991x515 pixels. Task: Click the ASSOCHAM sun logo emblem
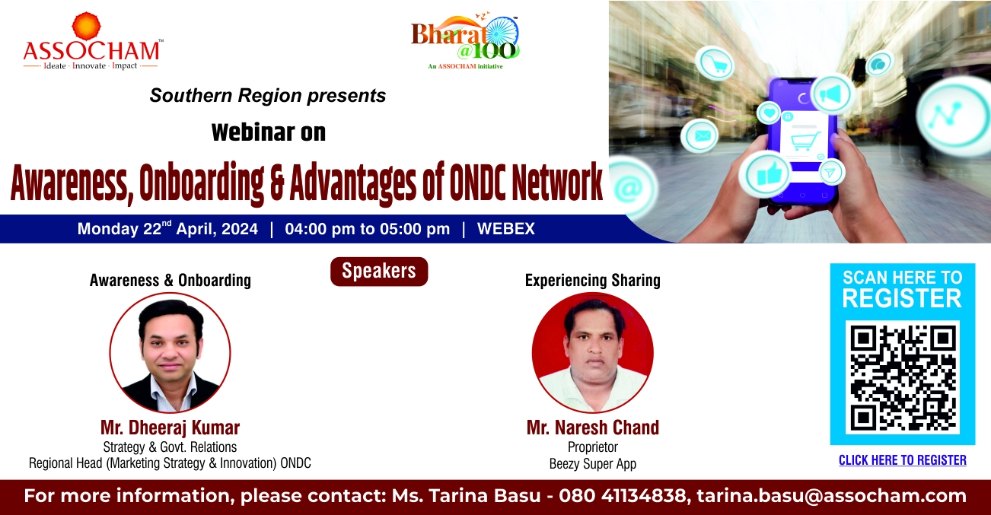pos(86,27)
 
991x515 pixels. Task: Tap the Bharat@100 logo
pos(465,40)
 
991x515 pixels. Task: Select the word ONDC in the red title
pos(477,181)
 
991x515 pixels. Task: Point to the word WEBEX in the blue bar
pos(505,229)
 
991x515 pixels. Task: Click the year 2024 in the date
pos(239,229)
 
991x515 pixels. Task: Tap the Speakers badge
pos(379,272)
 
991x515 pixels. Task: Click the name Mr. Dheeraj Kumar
pos(170,428)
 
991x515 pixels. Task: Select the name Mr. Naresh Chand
pos(593,428)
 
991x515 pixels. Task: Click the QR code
pos(903,377)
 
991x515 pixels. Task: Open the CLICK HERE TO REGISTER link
pos(903,460)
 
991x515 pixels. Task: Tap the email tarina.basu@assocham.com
pos(832,496)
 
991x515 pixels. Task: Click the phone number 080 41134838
pos(622,496)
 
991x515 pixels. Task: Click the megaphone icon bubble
pos(832,94)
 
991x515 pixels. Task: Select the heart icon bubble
pos(770,113)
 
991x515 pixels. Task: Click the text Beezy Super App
pos(593,464)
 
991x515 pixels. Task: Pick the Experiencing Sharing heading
pos(593,280)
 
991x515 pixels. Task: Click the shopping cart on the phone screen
pos(805,142)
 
